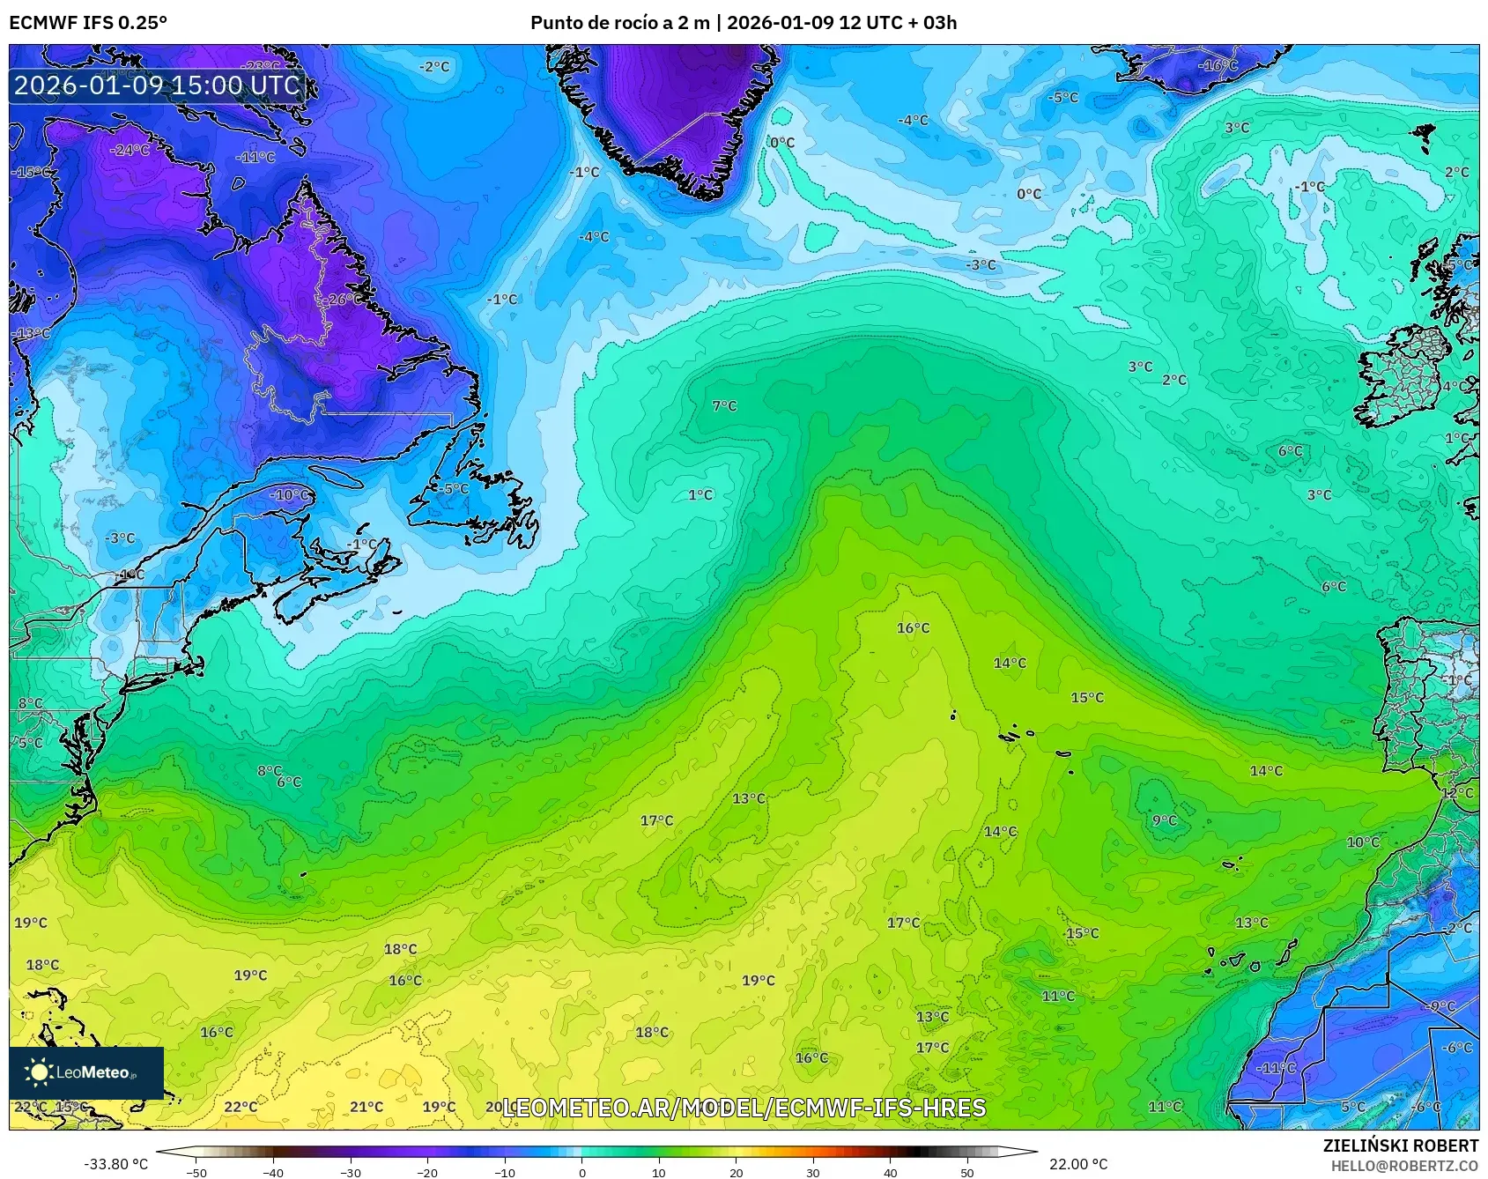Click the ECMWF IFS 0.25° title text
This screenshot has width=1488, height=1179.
coord(88,23)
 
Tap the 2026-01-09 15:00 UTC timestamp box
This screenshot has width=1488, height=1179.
coord(157,85)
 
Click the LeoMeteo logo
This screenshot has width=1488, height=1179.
coord(86,1072)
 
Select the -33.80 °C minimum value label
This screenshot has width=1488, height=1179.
coord(115,1164)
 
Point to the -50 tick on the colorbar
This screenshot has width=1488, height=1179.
coord(196,1172)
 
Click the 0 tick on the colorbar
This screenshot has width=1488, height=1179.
coord(581,1172)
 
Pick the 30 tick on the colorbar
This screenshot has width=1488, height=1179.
coord(812,1172)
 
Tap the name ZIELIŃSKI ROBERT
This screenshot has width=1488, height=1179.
coord(1400,1146)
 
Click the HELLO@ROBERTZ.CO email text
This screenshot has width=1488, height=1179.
coord(1403,1166)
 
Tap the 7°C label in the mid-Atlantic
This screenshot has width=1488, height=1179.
coord(724,406)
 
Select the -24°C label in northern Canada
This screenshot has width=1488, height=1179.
coord(130,151)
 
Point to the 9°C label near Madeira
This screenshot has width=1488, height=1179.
coord(1164,820)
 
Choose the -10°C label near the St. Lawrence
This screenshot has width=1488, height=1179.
coord(290,495)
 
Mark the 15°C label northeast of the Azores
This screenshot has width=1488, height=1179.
coord(1086,698)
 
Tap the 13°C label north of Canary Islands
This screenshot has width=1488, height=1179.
coord(1251,923)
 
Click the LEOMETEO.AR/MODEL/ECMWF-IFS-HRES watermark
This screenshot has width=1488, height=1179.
coord(744,1108)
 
